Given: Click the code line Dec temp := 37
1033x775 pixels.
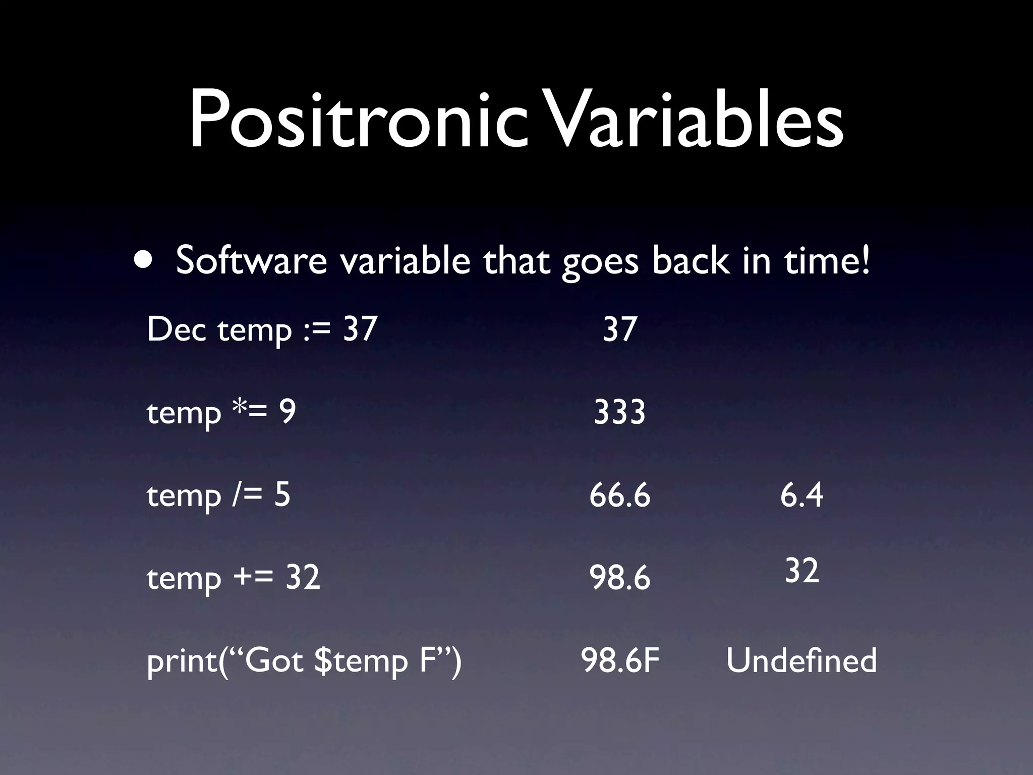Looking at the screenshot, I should [x=262, y=329].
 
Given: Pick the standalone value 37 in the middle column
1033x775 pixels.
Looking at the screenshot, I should [x=620, y=329].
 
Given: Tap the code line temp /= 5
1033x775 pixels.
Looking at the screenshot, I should [x=218, y=495].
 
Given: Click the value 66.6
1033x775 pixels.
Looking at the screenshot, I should [x=619, y=495].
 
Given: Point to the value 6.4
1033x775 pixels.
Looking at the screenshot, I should [x=801, y=495].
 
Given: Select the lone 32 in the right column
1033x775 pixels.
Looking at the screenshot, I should [x=801, y=571].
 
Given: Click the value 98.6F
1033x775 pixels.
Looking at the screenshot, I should [x=620, y=660].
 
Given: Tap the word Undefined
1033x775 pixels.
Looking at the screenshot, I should [x=801, y=660].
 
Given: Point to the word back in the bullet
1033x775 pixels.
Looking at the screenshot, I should [x=690, y=261].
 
